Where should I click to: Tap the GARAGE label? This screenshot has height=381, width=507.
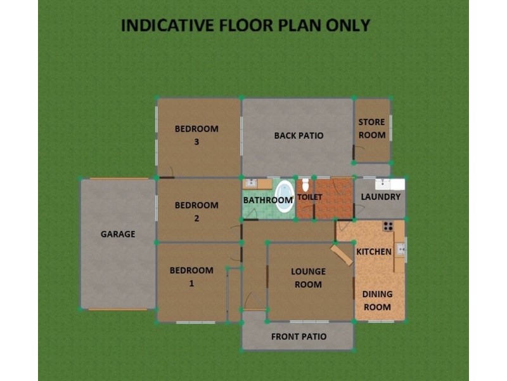(118, 234)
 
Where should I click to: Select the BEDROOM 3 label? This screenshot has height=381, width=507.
(196, 135)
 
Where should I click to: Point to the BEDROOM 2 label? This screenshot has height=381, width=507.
(196, 211)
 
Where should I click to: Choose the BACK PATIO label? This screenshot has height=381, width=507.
(298, 135)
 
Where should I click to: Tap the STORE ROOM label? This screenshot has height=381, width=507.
(372, 128)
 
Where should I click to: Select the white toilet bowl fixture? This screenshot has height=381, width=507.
(305, 185)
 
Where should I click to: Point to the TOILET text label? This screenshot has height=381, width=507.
(310, 197)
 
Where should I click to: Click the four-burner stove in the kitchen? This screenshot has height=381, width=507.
(388, 226)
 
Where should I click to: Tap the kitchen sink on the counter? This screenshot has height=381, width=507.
(401, 249)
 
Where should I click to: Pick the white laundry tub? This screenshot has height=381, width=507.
(383, 184)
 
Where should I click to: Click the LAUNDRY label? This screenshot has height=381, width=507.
(380, 197)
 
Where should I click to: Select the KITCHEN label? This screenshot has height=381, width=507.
(374, 252)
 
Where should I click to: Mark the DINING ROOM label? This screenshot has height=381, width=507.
(377, 300)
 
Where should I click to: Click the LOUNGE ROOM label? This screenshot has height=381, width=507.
(308, 278)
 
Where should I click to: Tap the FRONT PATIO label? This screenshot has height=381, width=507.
(298, 337)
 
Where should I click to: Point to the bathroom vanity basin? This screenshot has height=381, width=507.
(251, 183)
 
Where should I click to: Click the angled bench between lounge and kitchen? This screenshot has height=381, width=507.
(342, 255)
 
